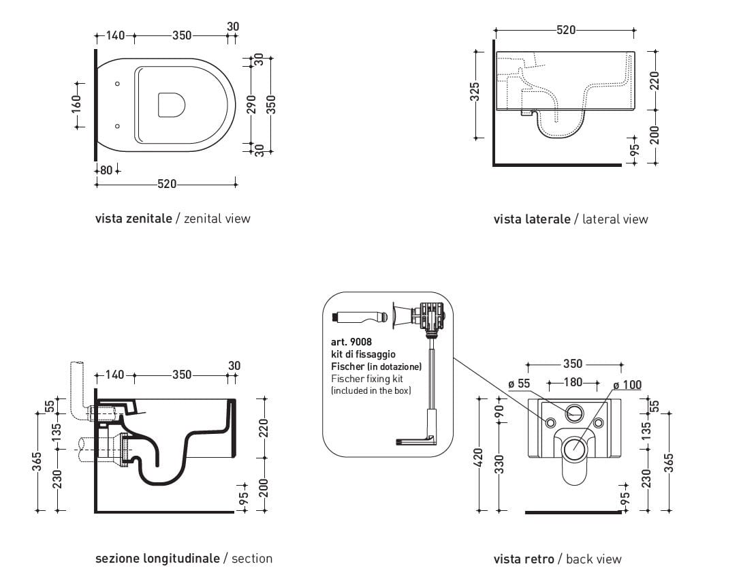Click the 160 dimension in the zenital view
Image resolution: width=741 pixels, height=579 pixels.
[76, 104]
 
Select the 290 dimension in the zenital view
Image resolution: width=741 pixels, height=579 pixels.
[251, 104]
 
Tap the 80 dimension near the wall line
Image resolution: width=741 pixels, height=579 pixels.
[106, 170]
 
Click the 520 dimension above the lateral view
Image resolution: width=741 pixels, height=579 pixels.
[565, 30]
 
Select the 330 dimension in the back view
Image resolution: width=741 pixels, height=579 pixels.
[499, 465]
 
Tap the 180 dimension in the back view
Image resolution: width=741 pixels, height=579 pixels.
[573, 382]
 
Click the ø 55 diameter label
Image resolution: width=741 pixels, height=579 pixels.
[519, 384]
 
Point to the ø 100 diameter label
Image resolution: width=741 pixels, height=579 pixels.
[627, 385]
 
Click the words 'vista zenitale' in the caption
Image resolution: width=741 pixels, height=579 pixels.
[133, 219]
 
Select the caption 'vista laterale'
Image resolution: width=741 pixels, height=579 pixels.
[532, 219]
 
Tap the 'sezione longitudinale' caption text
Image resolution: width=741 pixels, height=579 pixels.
[157, 559]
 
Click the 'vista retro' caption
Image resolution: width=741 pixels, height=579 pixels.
[524, 559]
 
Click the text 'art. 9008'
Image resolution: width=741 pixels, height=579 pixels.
[351, 342]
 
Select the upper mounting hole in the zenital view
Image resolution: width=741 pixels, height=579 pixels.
[118, 84]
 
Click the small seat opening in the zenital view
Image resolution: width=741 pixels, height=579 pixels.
[171, 105]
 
